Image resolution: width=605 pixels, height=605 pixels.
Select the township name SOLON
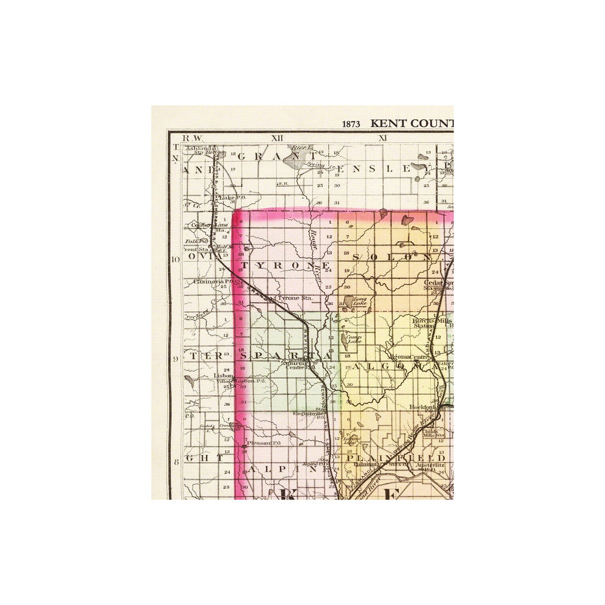(x=391, y=257)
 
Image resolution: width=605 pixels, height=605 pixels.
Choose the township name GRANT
(x=268, y=156)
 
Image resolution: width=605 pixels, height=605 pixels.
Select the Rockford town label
(x=421, y=406)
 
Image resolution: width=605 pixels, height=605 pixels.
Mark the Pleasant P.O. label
(x=264, y=442)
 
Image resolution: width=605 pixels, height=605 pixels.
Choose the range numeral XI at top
(x=383, y=138)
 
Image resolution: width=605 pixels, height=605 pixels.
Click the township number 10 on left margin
(x=175, y=259)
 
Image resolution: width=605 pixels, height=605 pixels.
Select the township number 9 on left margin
(x=176, y=359)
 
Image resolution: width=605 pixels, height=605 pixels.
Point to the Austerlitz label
(x=429, y=464)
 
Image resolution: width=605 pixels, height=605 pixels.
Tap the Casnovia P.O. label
(x=210, y=282)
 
